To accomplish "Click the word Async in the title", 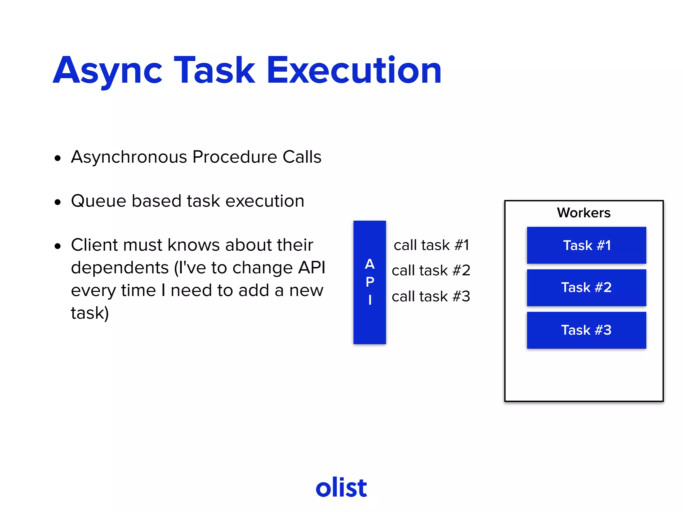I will coord(107,71).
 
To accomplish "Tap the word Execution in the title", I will coord(354,71).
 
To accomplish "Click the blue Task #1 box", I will coord(586,245).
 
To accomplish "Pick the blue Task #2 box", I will coord(586,287).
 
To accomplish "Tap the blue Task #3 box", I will coord(586,330).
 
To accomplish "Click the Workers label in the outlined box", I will coord(584,213).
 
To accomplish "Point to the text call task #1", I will coord(431,245).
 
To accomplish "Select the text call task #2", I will coord(431,270).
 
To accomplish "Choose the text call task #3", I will coord(431,296).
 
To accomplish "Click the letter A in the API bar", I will coord(370,264).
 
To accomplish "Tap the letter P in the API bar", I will coord(370,282).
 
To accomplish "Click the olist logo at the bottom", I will coord(341,487).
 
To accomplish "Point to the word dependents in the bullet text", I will coord(120,268).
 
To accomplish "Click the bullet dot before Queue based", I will coord(58,202).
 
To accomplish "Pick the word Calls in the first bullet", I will coord(302,157).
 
